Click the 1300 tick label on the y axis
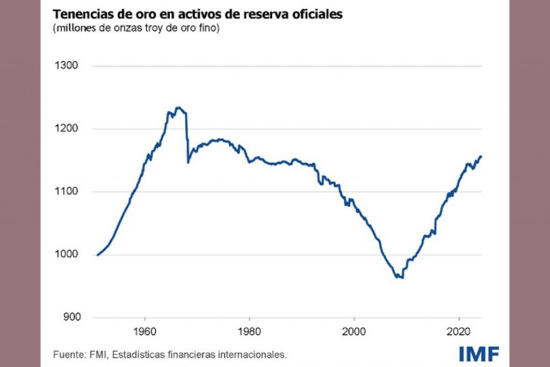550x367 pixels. point(67,66)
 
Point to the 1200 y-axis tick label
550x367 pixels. point(67,129)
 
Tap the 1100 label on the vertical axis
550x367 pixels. point(67,192)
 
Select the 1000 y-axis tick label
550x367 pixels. point(67,255)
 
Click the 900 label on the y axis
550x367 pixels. point(69,317)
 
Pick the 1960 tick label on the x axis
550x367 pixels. point(144,329)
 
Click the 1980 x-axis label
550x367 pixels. point(249,329)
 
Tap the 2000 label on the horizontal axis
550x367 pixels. point(354,329)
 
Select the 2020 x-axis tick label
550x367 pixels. point(459,329)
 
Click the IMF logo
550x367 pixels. point(479,354)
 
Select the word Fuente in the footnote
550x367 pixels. point(67,355)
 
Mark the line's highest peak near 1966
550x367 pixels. point(179,107)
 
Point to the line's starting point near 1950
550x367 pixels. point(97,255)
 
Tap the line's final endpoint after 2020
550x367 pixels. point(482,156)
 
